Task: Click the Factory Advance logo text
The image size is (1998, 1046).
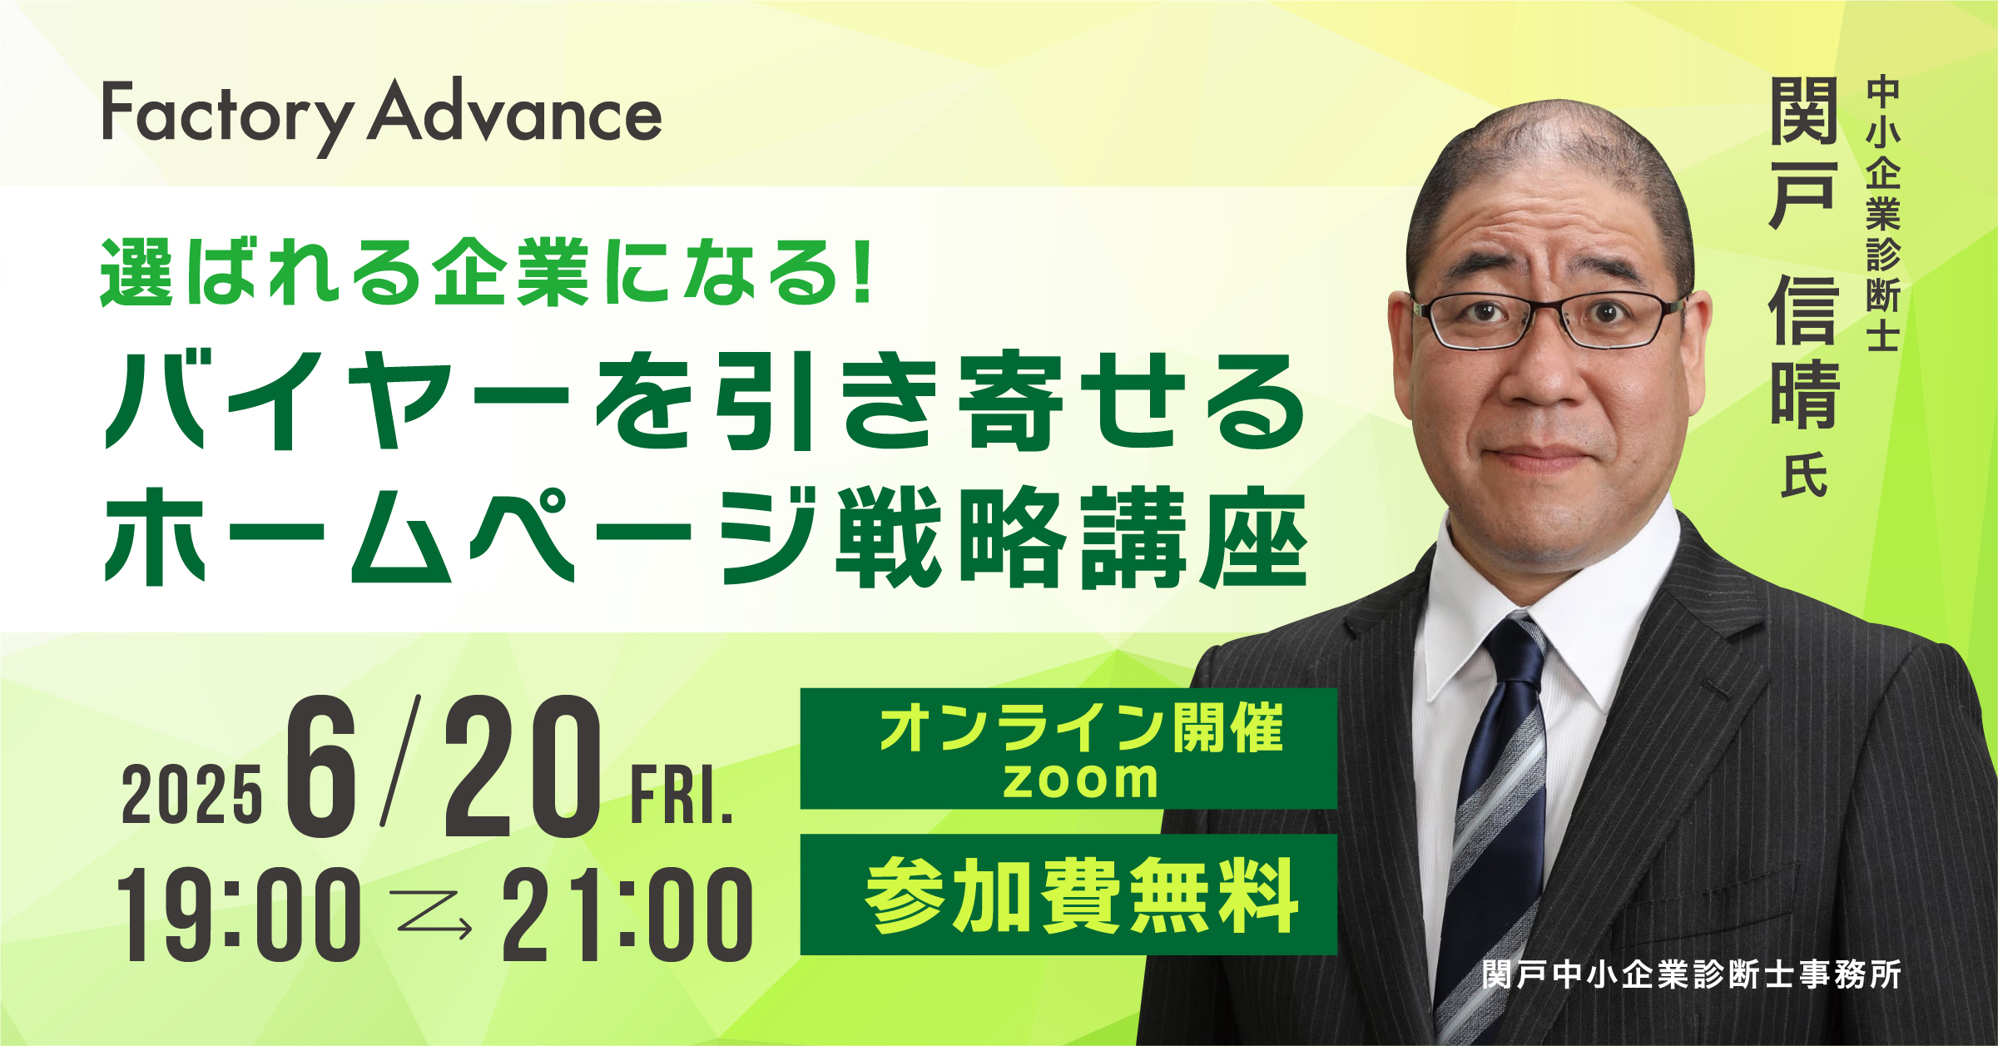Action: click(382, 117)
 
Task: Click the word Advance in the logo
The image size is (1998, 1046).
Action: click(515, 112)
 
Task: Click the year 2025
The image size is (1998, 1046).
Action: click(191, 796)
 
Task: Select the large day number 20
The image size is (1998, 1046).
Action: click(522, 766)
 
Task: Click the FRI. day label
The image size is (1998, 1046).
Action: click(682, 796)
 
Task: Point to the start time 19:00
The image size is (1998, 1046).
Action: click(239, 915)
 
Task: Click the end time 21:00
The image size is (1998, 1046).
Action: click(627, 915)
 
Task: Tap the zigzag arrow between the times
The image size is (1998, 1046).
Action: click(434, 915)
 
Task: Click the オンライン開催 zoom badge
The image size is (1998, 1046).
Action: click(1068, 749)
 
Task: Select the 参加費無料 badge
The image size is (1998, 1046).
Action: click(1068, 895)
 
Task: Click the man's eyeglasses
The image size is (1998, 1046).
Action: click(1548, 320)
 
